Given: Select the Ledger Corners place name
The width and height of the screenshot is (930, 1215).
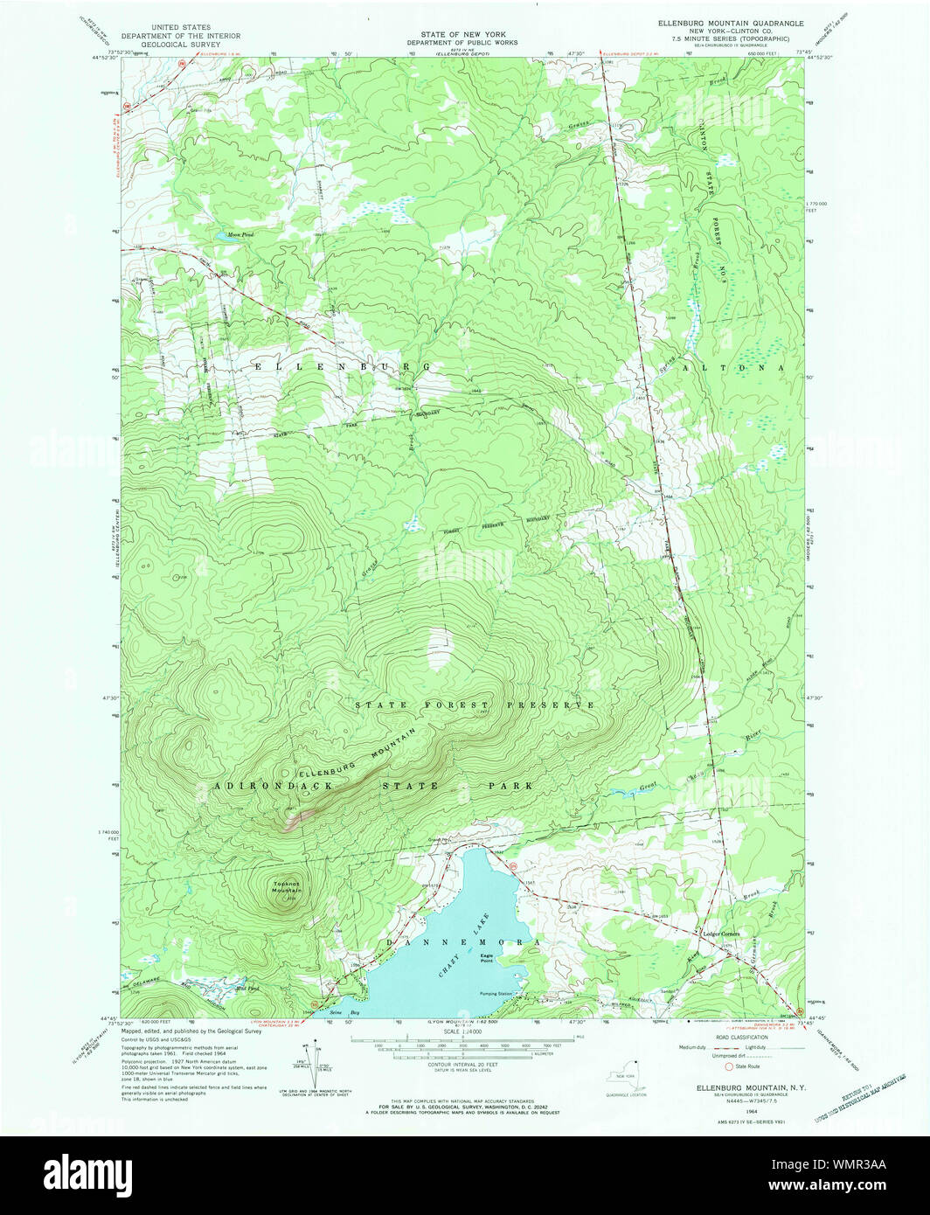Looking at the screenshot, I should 721,934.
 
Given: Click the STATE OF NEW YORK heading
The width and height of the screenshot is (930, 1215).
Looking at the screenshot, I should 461,33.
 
